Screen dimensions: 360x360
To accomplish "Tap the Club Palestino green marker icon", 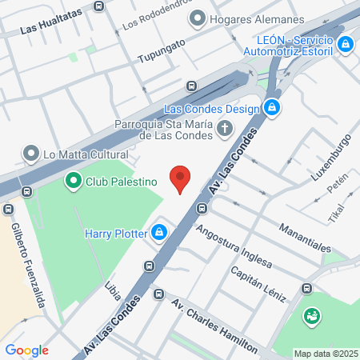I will point(74,181).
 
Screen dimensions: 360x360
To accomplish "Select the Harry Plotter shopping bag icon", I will point(159,233).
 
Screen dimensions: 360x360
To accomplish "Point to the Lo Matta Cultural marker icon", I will point(31,153).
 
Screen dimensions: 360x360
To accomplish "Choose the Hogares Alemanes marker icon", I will point(198,18).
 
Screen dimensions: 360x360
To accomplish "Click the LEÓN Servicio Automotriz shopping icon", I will point(346,45).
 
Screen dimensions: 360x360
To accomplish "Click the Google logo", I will point(26,350).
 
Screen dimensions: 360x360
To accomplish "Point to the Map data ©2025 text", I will point(325,354).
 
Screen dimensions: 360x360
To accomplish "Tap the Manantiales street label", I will point(305,238).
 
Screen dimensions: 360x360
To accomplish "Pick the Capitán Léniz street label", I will point(258,283).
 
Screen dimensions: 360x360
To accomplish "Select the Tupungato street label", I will point(161,51).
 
